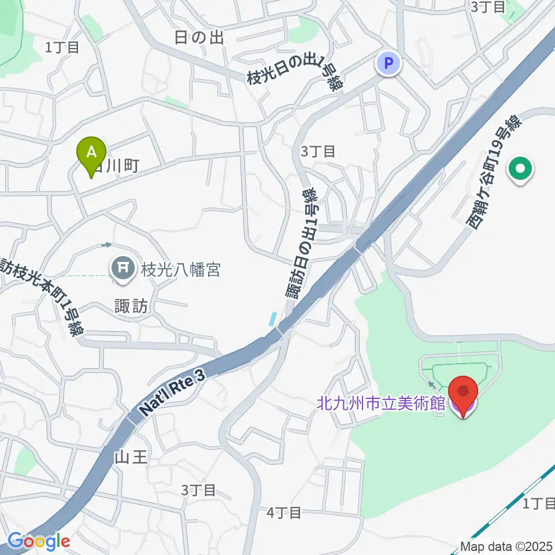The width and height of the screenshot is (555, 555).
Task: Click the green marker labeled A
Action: [91, 154]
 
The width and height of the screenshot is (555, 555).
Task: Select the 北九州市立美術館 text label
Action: [382, 403]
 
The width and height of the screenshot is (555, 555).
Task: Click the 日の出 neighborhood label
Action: [199, 38]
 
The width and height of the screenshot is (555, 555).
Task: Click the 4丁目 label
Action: [284, 512]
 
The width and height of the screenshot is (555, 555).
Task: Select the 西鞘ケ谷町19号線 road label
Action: [494, 172]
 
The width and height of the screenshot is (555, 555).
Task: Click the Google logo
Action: [39, 541]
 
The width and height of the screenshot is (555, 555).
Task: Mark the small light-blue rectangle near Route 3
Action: [273, 318]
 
